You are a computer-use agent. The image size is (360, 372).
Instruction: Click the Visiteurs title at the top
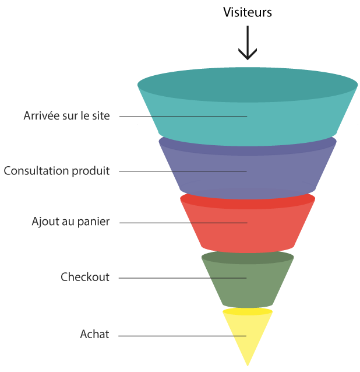click(x=248, y=12)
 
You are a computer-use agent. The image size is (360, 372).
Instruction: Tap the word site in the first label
click(x=100, y=115)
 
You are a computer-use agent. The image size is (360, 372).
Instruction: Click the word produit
click(x=91, y=171)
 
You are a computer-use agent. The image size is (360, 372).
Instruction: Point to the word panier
click(x=94, y=222)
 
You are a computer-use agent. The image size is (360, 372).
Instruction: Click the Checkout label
click(x=85, y=277)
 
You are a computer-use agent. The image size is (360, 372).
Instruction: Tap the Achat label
click(x=94, y=335)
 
